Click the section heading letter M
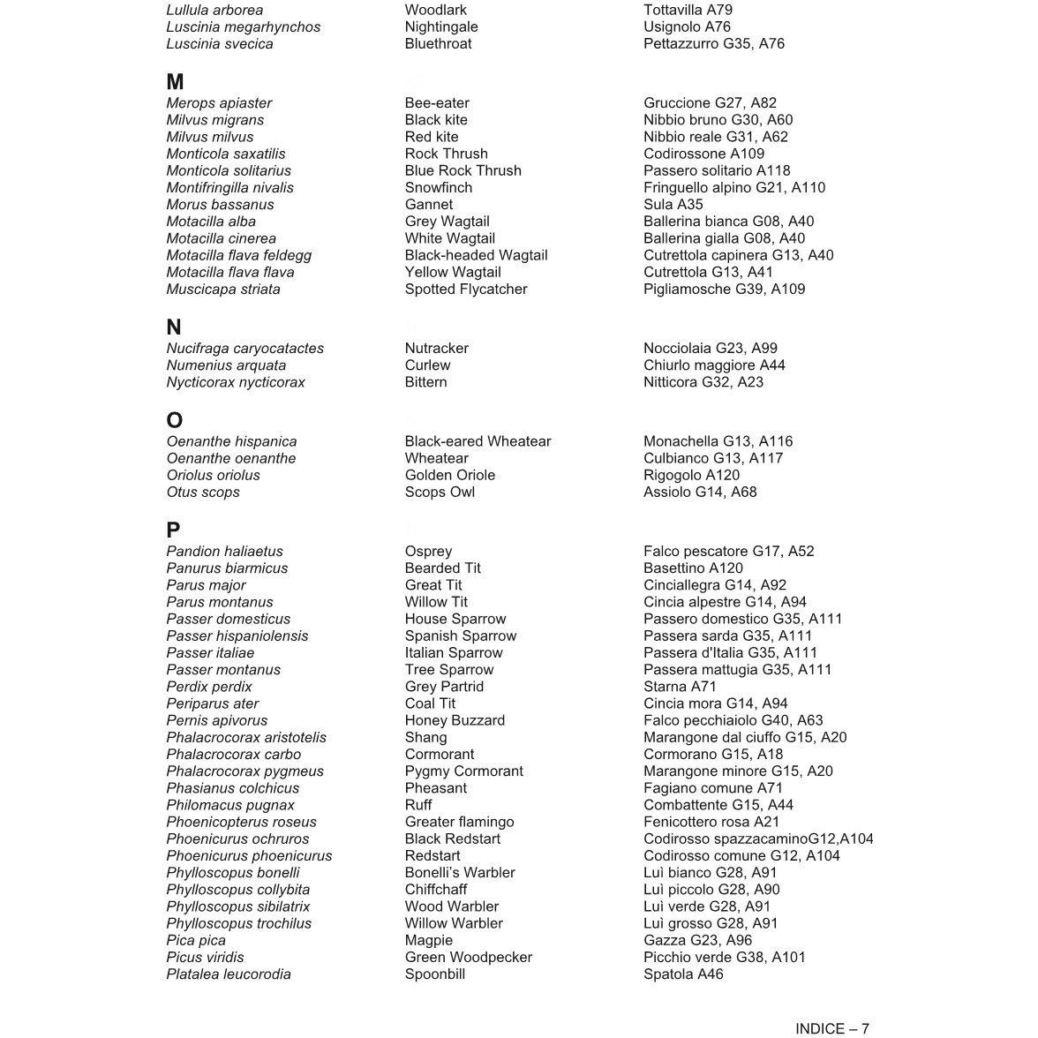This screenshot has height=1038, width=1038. coord(175,82)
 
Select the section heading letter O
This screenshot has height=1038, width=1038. coord(175,420)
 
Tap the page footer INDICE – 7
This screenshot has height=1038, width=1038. coord(831,1028)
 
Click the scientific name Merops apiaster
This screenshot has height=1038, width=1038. coord(219,103)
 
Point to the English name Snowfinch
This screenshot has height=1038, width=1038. coord(439,188)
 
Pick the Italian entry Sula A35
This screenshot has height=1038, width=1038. coord(673,205)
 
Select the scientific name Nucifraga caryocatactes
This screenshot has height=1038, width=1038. coord(244,349)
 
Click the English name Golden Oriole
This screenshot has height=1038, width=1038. coord(450,476)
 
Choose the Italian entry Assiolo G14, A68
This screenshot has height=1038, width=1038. coord(700,493)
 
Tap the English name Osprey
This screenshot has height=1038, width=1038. coord(428,552)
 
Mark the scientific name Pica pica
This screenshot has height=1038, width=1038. coord(196,941)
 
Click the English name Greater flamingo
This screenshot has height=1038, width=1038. coord(459,823)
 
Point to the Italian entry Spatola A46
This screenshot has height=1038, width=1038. coord(683,974)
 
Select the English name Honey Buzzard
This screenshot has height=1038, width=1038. coord(455,721)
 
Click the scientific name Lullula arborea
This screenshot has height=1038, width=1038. coord(214,11)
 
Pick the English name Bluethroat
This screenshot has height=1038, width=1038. coord(438,44)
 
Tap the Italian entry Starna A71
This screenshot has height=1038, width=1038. coord(680,687)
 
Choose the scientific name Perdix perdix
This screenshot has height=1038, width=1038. coord(209,687)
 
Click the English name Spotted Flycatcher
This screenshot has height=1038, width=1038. coord(466,290)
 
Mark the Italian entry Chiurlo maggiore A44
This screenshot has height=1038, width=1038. coord(714,365)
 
